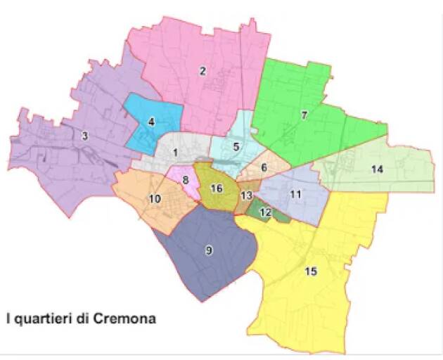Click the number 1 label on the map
click(175, 152)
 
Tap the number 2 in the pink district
click(203, 70)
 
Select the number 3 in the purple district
click(84, 136)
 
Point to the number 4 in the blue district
click(151, 122)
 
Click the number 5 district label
click(236, 146)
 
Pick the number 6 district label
click(264, 168)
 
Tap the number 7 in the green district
click(304, 115)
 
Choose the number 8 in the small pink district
click(186, 180)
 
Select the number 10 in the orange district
click(155, 199)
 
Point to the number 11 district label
click(296, 194)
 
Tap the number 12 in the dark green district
click(265, 212)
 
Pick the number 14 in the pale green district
click(378, 169)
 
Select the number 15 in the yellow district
click(311, 271)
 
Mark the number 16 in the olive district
click(217, 188)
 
